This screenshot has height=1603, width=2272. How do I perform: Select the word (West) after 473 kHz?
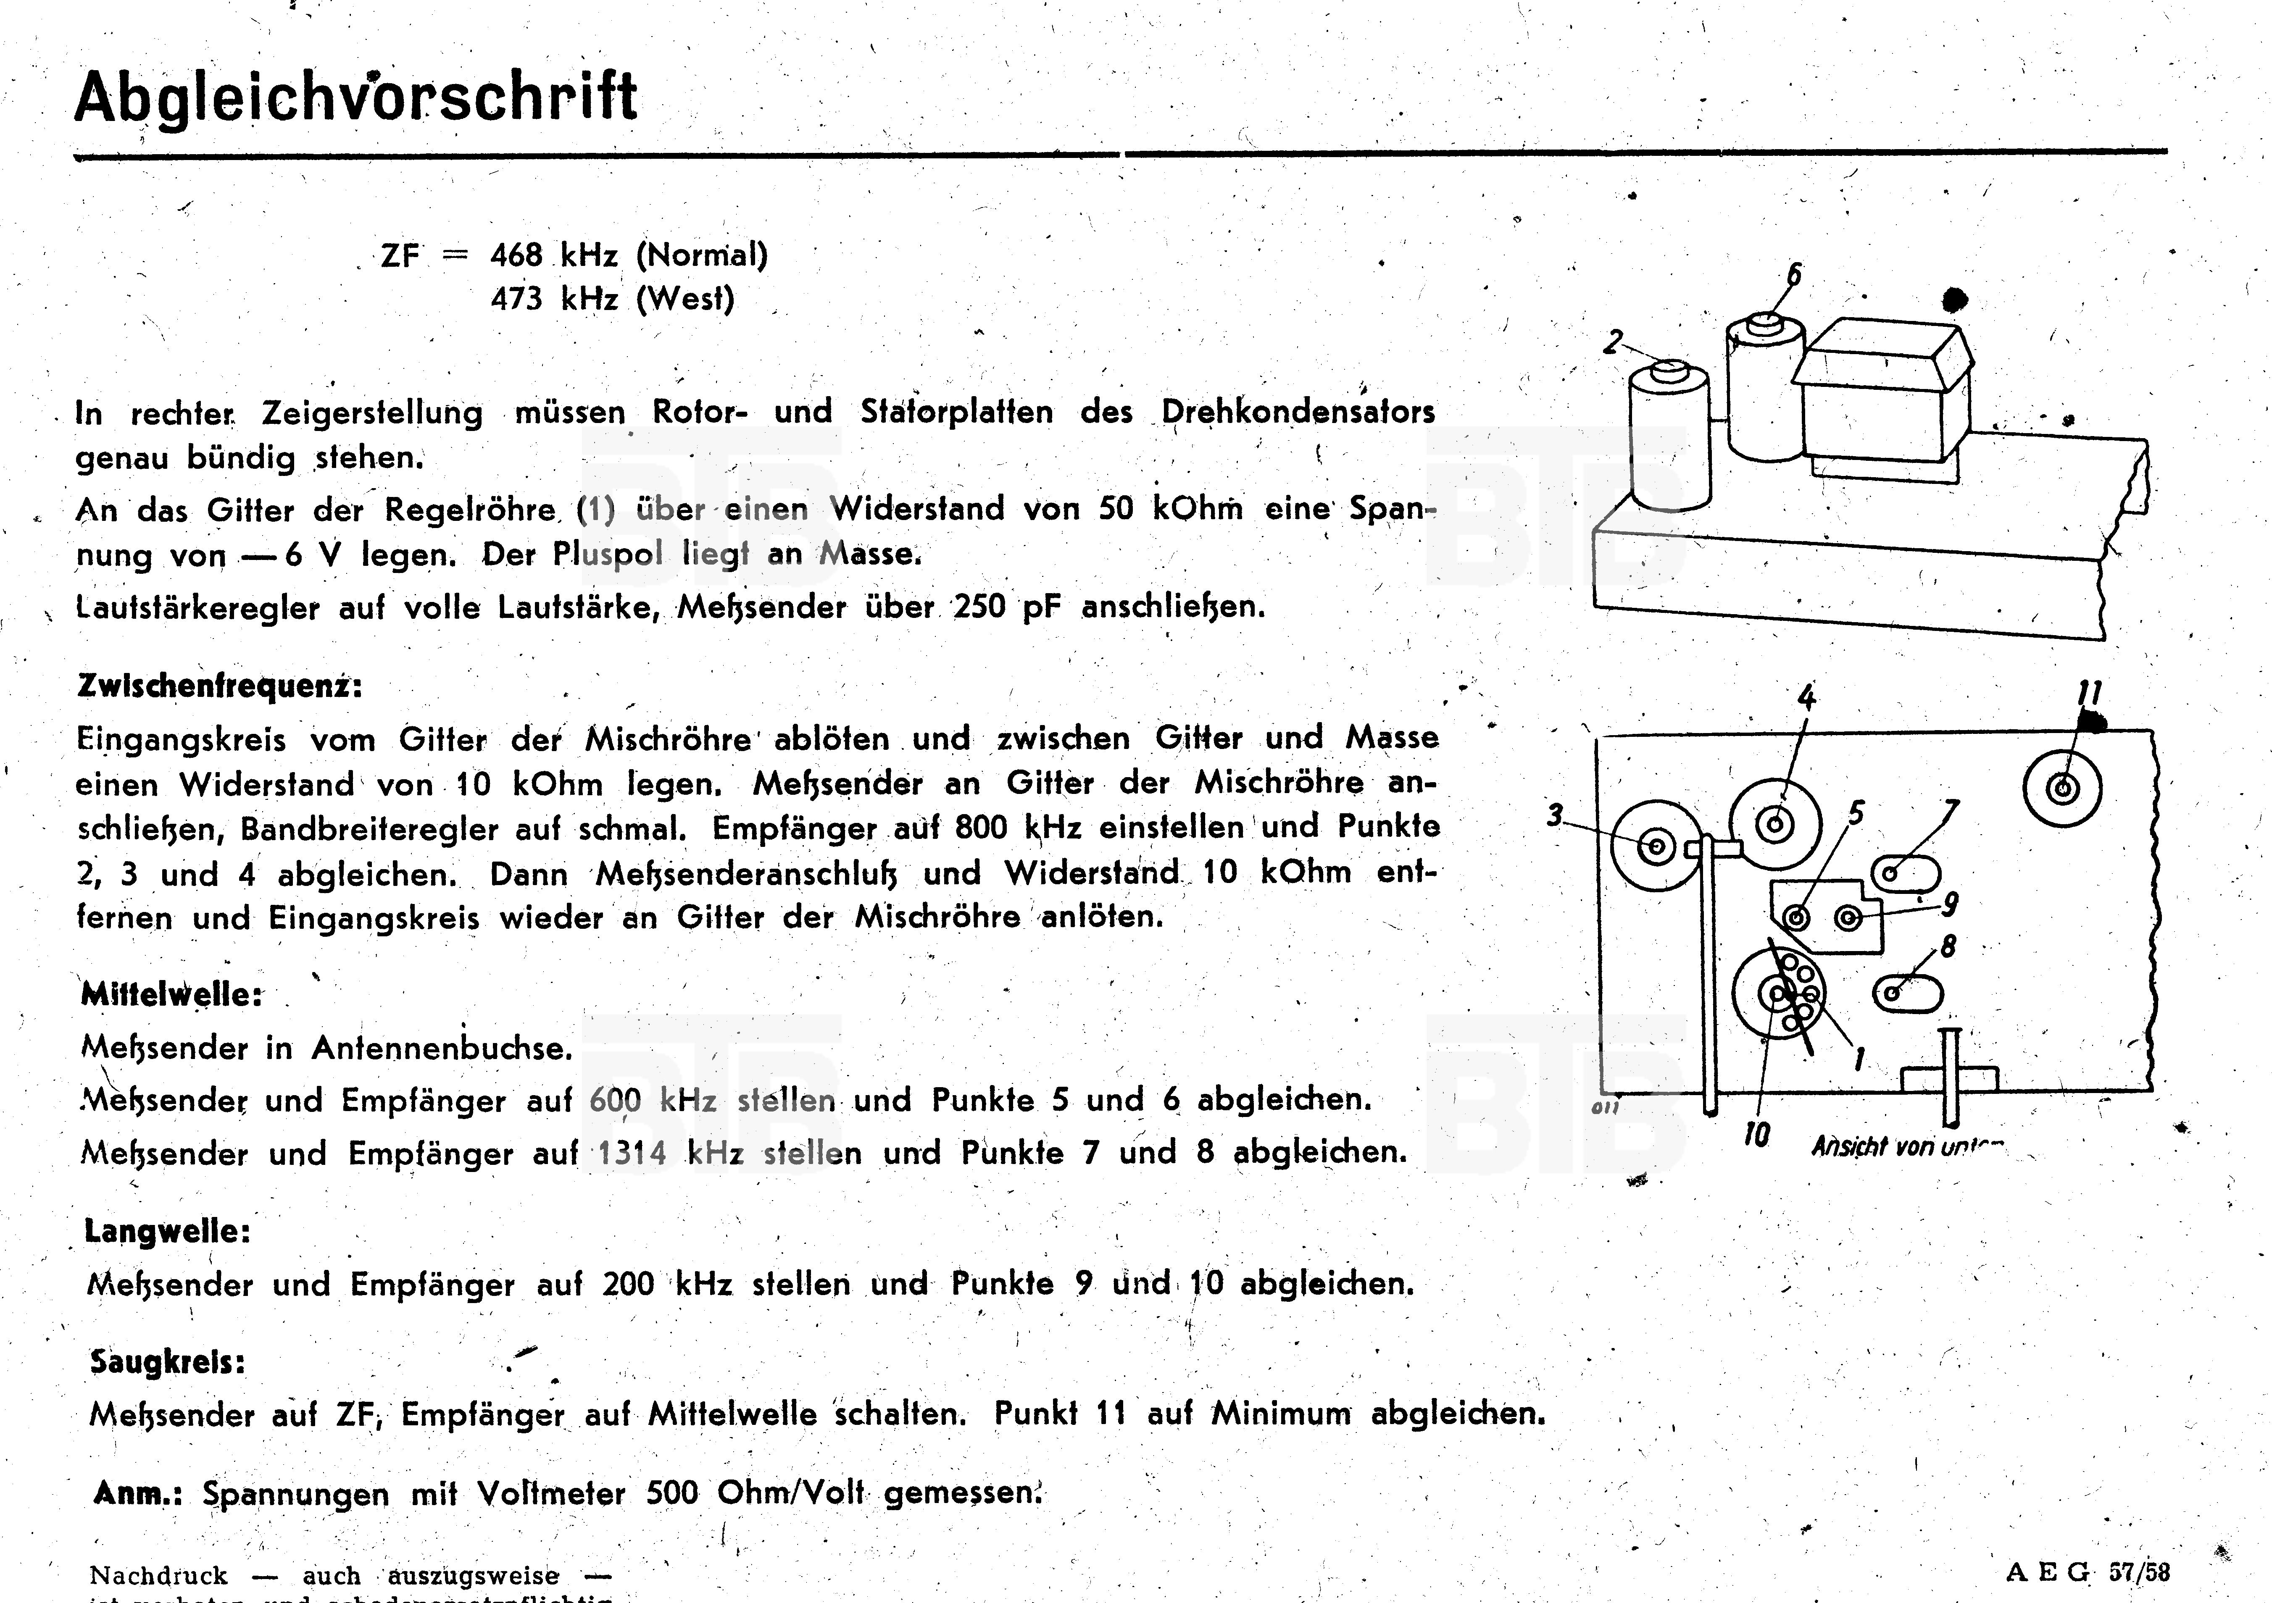[x=685, y=299]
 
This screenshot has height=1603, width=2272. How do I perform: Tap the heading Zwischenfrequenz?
[x=220, y=686]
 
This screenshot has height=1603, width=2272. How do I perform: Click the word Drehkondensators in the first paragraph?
[x=1297, y=412]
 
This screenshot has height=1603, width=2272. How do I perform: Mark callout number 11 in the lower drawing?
[x=2089, y=693]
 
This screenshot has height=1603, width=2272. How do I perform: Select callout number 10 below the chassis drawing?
[x=1756, y=1135]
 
